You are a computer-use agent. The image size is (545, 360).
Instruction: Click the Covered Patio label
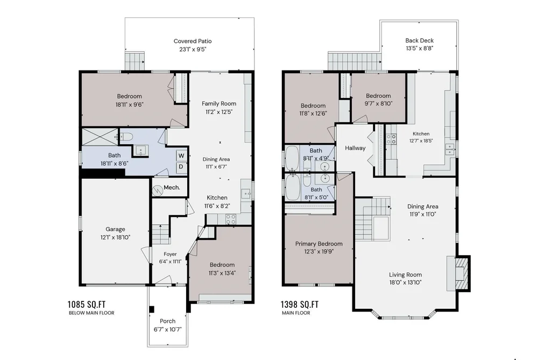(193, 41)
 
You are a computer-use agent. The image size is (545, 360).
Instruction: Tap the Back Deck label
(419, 40)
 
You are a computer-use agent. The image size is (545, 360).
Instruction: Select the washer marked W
(181, 156)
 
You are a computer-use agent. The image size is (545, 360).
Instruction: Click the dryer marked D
(181, 167)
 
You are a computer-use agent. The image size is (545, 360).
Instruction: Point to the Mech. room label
(172, 188)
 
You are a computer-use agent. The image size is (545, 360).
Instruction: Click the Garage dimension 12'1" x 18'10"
(115, 237)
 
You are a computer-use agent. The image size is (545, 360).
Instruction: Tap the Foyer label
(170, 254)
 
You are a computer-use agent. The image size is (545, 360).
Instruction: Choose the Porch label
(167, 321)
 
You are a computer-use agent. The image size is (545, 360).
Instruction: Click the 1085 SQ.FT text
(87, 305)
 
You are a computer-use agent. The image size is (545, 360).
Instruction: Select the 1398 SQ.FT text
(300, 305)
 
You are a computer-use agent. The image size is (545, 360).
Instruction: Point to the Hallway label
(355, 148)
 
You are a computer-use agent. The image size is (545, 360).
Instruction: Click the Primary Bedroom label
(318, 244)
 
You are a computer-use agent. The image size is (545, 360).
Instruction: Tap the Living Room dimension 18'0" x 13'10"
(405, 283)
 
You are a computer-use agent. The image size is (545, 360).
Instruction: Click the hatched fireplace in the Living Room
(462, 273)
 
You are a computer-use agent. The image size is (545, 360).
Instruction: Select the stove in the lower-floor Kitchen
(231, 219)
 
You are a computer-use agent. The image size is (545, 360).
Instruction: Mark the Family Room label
(219, 103)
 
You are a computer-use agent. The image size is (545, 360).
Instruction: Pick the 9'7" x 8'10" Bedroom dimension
(378, 103)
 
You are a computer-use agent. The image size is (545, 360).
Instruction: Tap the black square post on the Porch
(152, 309)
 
